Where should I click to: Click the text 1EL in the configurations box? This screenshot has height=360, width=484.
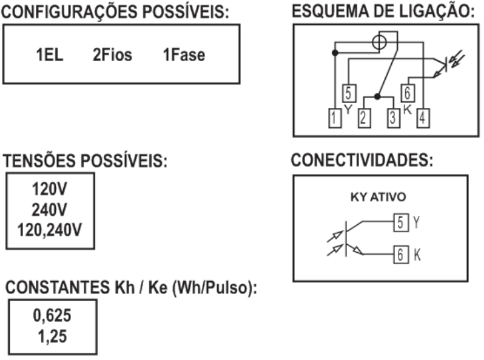[49, 55]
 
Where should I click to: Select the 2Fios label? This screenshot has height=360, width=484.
[112, 55]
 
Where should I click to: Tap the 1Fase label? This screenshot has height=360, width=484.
[184, 55]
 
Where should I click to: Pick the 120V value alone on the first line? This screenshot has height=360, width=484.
[49, 189]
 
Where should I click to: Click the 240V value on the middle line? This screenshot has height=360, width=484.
[49, 210]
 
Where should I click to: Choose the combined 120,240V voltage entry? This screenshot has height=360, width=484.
[50, 230]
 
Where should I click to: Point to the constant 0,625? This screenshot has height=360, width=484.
[52, 316]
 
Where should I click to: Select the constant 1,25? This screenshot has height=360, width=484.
[52, 336]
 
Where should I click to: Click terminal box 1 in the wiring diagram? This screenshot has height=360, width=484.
[335, 118]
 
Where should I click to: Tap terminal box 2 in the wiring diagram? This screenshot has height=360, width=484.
[365, 118]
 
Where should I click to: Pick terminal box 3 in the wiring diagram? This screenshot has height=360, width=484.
[394, 118]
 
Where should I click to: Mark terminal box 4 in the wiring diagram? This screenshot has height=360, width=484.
[423, 118]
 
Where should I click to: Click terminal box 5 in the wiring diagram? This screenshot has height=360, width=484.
[349, 93]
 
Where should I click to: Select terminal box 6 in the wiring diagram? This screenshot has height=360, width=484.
[408, 93]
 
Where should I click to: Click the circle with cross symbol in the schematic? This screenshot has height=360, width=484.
[379, 42]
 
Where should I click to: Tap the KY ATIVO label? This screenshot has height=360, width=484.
[378, 197]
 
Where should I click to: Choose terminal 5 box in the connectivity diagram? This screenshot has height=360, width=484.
[401, 222]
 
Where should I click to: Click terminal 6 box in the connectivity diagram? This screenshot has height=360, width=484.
[401, 255]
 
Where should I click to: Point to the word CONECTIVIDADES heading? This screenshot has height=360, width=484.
[361, 161]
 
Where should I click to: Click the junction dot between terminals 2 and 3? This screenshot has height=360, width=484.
[377, 96]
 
